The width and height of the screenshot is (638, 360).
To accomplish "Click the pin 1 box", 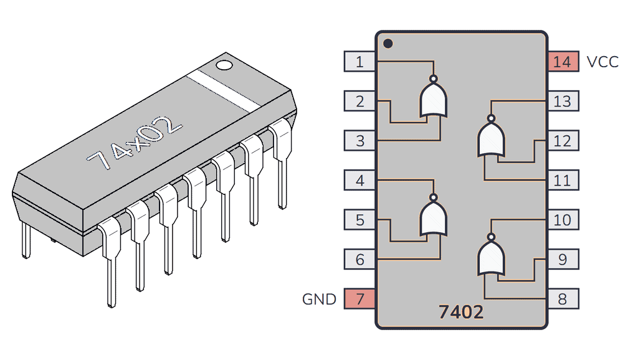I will (x=359, y=62).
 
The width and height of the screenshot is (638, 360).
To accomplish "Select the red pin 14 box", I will (x=563, y=62).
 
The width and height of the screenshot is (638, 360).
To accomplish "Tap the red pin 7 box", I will (x=359, y=299).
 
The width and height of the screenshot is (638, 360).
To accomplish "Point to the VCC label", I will (x=602, y=62).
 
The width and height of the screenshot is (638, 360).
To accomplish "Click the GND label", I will (x=319, y=299).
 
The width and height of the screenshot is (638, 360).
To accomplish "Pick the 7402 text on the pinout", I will (x=460, y=312).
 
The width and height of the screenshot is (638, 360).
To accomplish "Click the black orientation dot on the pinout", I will (x=388, y=44).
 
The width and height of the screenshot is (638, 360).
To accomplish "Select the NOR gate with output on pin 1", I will (x=434, y=99).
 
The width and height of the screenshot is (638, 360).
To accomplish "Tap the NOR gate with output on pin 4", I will (x=434, y=217).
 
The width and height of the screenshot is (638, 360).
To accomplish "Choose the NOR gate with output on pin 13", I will (x=491, y=138).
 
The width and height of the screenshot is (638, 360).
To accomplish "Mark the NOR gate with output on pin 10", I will (x=491, y=257).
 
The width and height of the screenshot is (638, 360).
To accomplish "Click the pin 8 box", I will (x=563, y=299).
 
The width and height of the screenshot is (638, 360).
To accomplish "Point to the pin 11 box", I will (x=563, y=181).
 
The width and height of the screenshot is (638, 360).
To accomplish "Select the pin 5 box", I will (x=359, y=220).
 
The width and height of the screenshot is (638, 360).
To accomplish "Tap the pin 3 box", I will (x=359, y=141).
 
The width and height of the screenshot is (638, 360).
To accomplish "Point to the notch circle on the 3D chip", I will (x=224, y=64).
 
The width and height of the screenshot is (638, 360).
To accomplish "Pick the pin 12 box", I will (x=563, y=141).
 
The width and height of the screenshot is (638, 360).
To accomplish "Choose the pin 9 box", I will (x=563, y=259).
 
